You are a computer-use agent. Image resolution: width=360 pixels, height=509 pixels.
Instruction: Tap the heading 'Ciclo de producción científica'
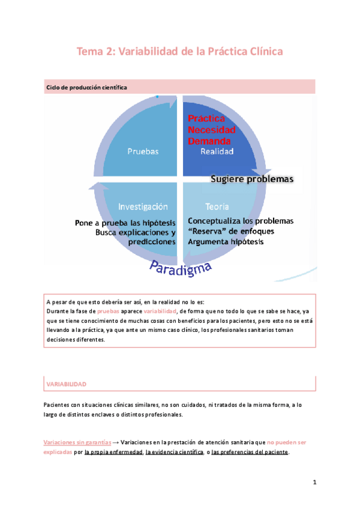point(86,88)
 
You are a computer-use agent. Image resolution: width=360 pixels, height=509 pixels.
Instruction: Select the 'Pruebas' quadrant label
point(143,152)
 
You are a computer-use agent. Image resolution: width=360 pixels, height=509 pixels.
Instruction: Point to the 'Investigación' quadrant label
point(142,206)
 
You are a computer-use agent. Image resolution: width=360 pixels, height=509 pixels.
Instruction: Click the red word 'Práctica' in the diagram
point(206,119)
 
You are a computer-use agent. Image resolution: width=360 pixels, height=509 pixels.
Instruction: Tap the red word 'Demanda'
point(208,140)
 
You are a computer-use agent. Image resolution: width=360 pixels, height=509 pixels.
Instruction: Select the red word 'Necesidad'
point(211,130)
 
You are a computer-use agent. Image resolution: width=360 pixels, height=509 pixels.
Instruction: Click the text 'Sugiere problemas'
point(251,179)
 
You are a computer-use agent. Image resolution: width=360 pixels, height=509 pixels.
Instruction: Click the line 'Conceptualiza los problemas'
point(241,221)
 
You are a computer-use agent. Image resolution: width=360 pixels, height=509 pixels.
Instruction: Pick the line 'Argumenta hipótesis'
point(226,241)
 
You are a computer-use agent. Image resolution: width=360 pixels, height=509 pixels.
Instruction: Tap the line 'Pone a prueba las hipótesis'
point(125,222)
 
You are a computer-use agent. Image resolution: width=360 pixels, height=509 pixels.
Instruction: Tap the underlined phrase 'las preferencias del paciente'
point(250,452)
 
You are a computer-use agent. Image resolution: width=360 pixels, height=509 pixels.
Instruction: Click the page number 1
point(314,483)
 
